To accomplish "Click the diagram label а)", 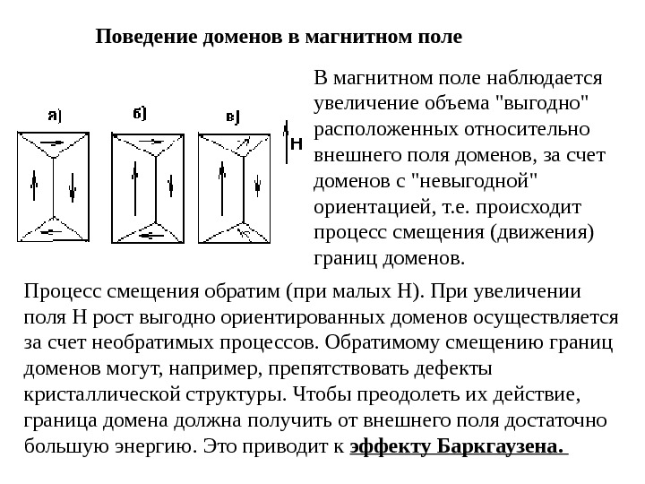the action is (54, 114).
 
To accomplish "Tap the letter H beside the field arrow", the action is (297, 143).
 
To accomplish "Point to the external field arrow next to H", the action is (286, 143).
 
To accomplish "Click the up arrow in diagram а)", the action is (35, 189).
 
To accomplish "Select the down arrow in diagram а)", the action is (73, 189).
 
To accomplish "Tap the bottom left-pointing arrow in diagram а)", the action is (52, 230).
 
